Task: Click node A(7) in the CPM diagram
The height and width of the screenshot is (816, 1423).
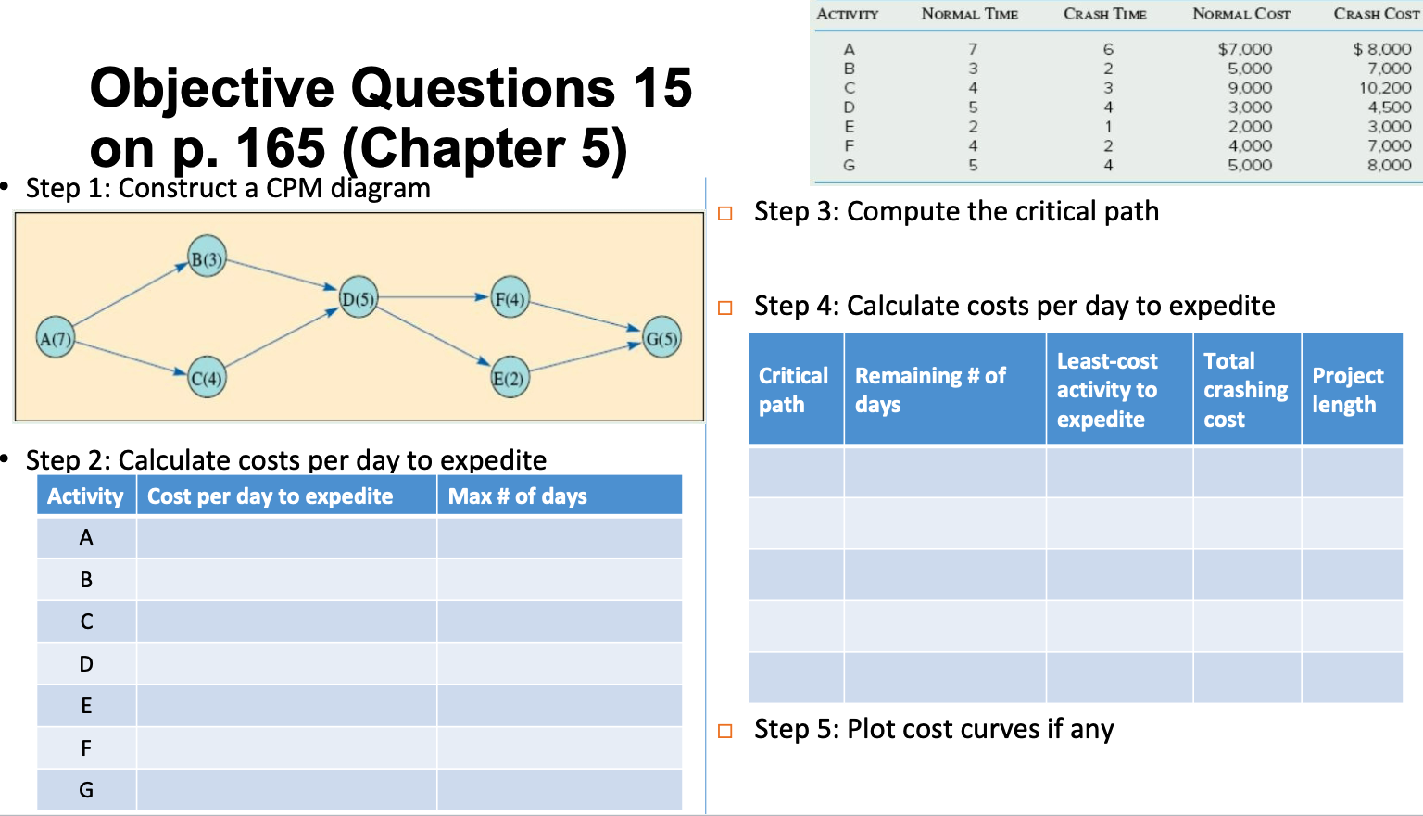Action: tap(56, 338)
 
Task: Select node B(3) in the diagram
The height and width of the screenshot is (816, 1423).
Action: tap(207, 258)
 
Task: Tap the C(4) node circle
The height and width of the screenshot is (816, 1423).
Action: tap(207, 378)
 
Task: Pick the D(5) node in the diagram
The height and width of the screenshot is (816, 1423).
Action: tap(359, 298)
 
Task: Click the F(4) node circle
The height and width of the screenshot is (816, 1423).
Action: tap(510, 298)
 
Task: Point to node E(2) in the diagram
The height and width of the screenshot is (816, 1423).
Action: tap(510, 378)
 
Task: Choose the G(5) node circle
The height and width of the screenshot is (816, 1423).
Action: tap(661, 338)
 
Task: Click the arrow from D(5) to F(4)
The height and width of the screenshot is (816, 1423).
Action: tap(434, 298)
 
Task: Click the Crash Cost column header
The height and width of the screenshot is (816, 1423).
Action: tap(1376, 14)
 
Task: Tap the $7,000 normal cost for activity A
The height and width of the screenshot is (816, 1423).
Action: tap(1244, 49)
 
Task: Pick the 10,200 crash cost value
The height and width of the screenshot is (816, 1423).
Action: tap(1385, 88)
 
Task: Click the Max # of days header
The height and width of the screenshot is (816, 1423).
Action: tap(518, 496)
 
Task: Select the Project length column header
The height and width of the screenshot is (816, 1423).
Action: tap(1348, 390)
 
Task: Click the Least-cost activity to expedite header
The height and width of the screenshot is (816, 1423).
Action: tap(1108, 390)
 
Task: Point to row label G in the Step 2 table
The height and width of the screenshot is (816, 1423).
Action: tap(86, 790)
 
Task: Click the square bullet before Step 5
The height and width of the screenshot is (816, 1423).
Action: tap(725, 731)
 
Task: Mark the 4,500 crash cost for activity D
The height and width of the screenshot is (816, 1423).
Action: tap(1390, 107)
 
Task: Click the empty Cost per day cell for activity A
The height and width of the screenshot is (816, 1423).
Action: tap(286, 537)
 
